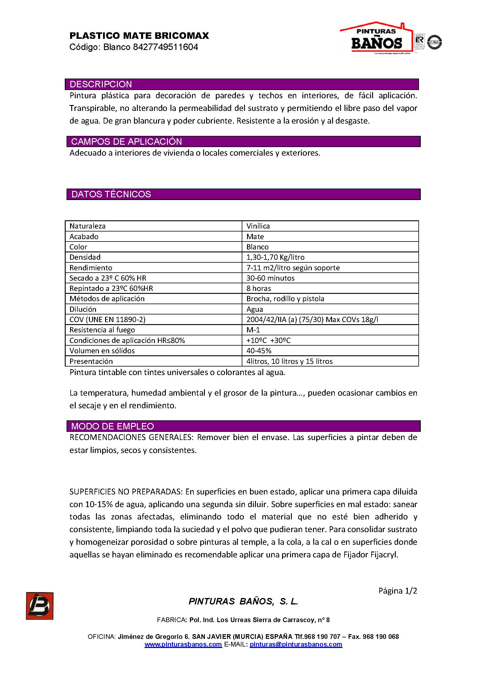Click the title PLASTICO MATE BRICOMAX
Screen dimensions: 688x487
139,36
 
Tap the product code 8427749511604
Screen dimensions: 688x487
165,47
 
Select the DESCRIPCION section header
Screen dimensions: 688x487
101,84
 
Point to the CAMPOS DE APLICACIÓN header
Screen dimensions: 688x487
127,141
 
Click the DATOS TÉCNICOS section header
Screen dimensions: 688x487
111,194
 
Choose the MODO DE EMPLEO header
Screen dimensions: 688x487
112,426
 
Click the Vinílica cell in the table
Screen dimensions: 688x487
258,226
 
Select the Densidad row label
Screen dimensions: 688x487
85,257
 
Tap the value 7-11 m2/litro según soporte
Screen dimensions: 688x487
293,268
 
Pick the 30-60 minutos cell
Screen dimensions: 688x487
271,278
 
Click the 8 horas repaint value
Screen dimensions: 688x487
259,288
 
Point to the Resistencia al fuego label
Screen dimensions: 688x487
102,330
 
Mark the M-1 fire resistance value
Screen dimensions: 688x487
253,330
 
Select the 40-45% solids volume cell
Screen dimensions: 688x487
259,351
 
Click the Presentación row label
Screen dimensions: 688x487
91,361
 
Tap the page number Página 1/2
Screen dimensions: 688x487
397,591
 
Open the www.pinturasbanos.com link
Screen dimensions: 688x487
183,644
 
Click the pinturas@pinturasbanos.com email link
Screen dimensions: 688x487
296,644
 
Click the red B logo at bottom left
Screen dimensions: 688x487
39,606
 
